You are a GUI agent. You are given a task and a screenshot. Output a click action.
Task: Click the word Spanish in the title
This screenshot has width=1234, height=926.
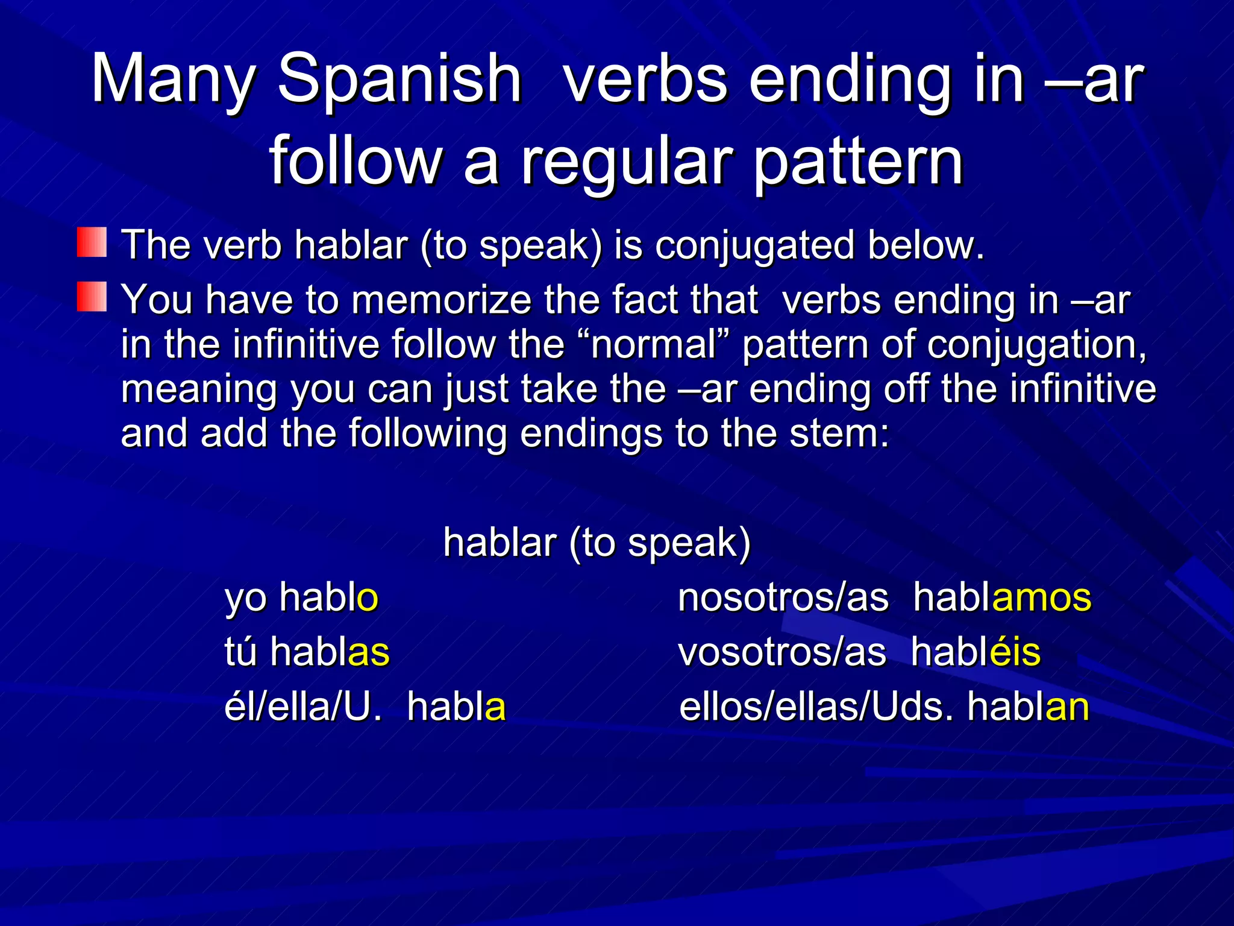tap(399, 80)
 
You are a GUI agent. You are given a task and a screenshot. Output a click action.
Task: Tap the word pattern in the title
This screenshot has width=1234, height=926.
tap(858, 162)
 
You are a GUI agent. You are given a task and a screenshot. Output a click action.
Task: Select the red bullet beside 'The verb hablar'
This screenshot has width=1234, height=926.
tap(92, 242)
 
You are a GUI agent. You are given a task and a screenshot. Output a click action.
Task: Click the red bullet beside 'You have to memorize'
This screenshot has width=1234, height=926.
tap(92, 297)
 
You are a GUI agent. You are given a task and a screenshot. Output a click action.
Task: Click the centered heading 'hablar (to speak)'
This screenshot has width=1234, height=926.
tap(597, 542)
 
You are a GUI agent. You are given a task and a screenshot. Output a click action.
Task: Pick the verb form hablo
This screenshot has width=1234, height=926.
tap(328, 597)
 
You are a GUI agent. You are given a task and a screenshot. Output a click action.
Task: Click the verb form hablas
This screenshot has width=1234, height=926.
tap(330, 652)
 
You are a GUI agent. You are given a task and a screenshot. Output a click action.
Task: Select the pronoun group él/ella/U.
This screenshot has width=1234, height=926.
tap(303, 707)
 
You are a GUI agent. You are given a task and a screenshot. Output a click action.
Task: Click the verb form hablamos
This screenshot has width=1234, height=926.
tap(1002, 597)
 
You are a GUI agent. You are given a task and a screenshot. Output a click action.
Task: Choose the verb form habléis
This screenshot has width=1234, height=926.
tap(976, 652)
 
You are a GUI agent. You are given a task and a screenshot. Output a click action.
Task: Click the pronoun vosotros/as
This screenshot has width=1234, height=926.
tap(782, 652)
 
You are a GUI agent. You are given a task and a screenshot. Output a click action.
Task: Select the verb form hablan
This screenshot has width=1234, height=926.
tap(1028, 707)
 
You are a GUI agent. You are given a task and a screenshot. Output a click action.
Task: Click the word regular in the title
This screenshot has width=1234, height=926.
tap(627, 162)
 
